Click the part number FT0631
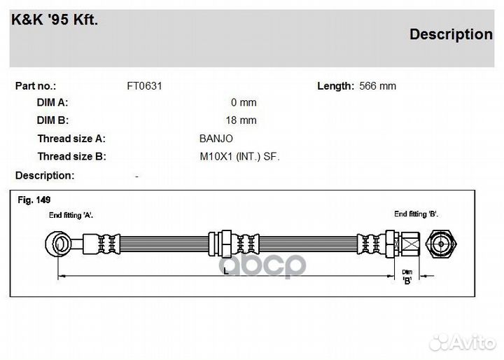[x=144, y=86]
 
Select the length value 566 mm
[x=377, y=86]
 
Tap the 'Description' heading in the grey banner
[x=451, y=34]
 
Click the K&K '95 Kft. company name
[x=55, y=20]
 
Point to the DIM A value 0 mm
[x=244, y=103]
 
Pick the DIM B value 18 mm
[x=241, y=120]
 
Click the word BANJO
[x=216, y=139]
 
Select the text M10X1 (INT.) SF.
[x=239, y=157]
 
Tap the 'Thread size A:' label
[x=71, y=139]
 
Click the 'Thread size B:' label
[x=71, y=156]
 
